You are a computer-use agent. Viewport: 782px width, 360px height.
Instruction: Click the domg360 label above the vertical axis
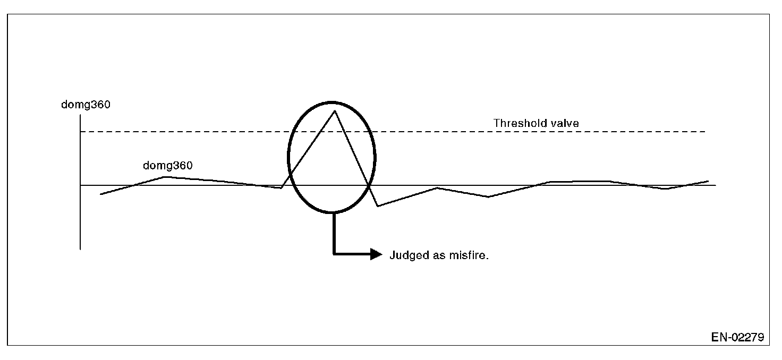tap(86, 105)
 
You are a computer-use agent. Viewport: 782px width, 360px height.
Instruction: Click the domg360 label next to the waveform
tap(167, 165)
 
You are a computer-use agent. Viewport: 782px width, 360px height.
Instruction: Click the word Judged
tap(407, 255)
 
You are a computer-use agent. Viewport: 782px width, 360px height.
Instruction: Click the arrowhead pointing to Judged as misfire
tap(376, 254)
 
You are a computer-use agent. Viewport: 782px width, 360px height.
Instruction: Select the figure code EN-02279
tap(738, 337)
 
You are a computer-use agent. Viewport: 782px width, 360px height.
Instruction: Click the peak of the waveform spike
tap(334, 110)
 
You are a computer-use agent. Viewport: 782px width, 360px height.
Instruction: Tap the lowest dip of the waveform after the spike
tap(378, 206)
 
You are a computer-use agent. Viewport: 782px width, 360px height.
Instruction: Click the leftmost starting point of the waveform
tap(100, 194)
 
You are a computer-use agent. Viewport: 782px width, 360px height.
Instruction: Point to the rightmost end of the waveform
tap(709, 181)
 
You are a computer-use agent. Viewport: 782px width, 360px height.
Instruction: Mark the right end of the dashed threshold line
tap(705, 131)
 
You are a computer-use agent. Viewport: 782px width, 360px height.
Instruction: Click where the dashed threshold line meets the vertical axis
tap(80, 131)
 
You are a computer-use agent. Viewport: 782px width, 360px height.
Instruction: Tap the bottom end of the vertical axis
tap(80, 248)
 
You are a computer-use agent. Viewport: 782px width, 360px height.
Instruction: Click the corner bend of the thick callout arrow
tap(334, 254)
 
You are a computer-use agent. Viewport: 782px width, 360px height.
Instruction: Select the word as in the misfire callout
tap(440, 255)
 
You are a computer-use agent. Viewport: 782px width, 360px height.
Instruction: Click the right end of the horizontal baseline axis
tap(716, 185)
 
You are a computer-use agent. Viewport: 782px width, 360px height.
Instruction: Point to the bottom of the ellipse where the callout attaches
tap(333, 212)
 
